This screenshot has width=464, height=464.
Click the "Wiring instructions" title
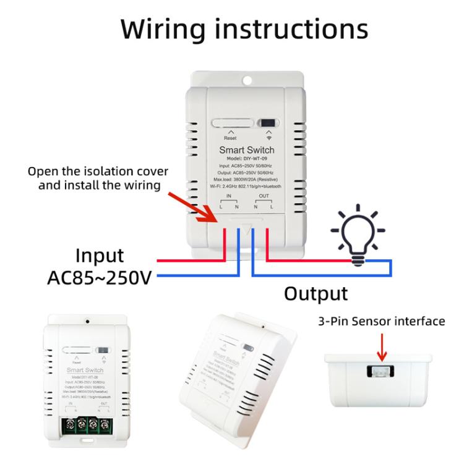pos(244,29)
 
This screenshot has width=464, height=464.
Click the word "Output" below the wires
pos(316,293)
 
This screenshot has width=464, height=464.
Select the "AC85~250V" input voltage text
pos(99,277)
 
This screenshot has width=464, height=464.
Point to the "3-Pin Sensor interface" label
pos(381,321)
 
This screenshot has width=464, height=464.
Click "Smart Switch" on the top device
pos(246,150)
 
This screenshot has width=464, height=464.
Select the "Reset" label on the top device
pos(230,138)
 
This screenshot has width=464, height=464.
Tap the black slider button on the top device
pos(267,122)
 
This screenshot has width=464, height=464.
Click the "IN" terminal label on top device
pos(228,195)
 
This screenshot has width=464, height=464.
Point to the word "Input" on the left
pos(100,256)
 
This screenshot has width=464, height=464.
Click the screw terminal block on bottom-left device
pos(89,427)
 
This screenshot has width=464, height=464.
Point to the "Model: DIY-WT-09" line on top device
pos(246,158)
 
